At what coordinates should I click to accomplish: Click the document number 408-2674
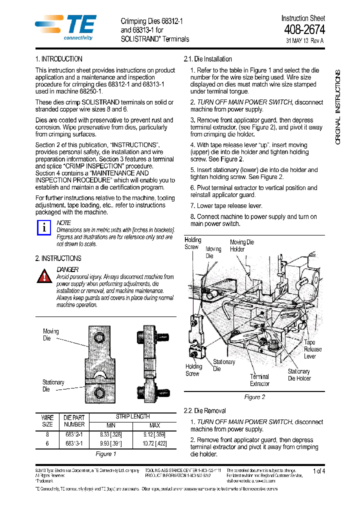click(x=304, y=30)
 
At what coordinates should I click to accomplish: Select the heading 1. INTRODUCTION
click(x=58, y=59)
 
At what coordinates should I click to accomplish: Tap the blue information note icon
click(x=44, y=227)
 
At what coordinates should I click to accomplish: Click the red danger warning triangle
click(x=44, y=275)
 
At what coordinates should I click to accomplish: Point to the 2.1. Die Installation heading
click(x=208, y=59)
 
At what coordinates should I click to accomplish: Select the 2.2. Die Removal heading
click(x=205, y=410)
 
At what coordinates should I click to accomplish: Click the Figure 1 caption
click(x=105, y=454)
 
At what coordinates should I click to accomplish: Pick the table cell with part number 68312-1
click(x=74, y=435)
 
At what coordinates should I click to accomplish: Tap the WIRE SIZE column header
click(x=47, y=421)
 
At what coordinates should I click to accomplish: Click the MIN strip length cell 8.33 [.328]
click(x=110, y=435)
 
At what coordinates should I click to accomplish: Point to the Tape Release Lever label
click(x=312, y=349)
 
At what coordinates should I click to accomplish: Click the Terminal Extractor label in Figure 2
click(x=259, y=380)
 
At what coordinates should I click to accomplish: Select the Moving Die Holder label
click(x=241, y=245)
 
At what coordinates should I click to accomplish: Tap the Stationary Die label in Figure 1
click(x=53, y=385)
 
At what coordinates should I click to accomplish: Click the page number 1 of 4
click(x=318, y=471)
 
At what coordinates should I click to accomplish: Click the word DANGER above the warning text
click(x=67, y=269)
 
